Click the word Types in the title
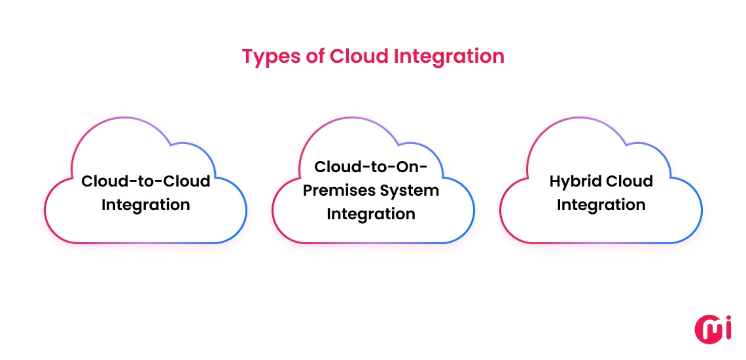point(271,56)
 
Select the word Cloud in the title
point(358,56)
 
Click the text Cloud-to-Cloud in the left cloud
point(145,181)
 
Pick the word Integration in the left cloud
point(145,205)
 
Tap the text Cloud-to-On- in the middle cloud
point(371,167)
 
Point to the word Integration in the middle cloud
point(371,214)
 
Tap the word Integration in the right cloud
point(601,205)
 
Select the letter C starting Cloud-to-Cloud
point(87,181)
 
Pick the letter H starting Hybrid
point(556,181)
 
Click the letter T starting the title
point(247,56)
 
